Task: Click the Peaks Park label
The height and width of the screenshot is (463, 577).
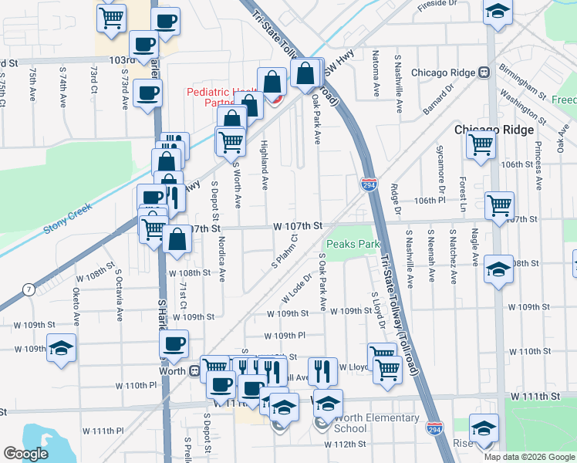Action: point(353,244)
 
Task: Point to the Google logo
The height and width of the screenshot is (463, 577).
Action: point(26,454)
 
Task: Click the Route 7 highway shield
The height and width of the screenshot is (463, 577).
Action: point(29,289)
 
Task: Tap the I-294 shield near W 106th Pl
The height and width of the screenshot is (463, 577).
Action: point(369,184)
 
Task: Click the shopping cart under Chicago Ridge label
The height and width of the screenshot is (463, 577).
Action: point(481,144)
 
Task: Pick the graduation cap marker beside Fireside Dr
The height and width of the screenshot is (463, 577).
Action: point(498,13)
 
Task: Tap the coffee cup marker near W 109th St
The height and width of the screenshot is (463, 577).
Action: point(174,343)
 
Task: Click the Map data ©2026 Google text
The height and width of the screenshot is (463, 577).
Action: point(528,456)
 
